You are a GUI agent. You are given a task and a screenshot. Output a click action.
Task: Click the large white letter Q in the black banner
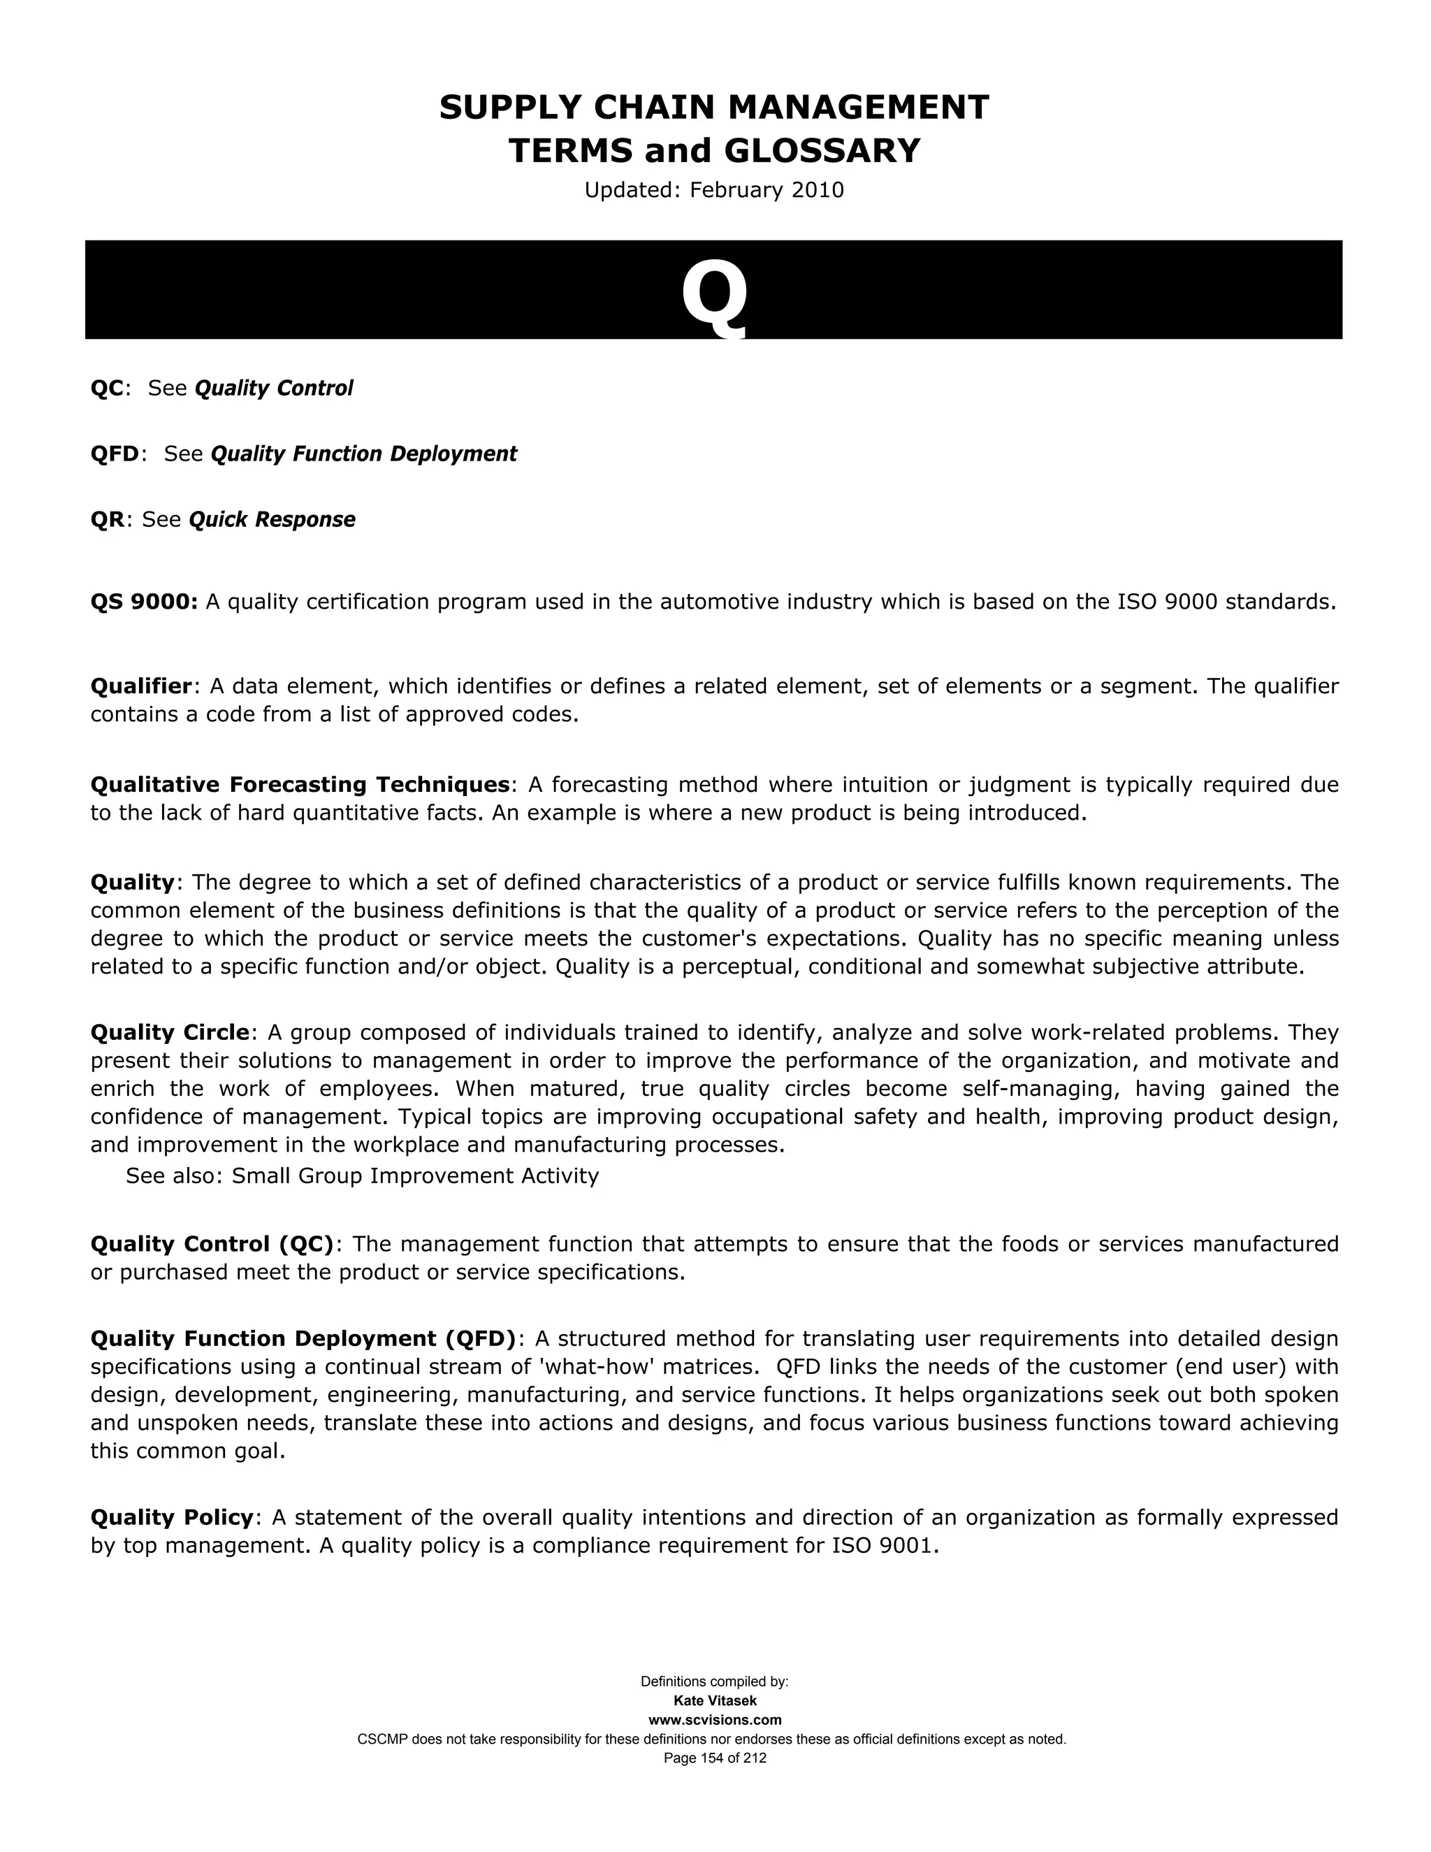pyautogui.click(x=714, y=294)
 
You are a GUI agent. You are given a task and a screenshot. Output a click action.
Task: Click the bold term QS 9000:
pyautogui.click(x=144, y=602)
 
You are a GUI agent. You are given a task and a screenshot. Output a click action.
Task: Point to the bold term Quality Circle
pyautogui.click(x=170, y=1033)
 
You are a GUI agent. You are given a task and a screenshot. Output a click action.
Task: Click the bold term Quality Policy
pyautogui.click(x=172, y=1517)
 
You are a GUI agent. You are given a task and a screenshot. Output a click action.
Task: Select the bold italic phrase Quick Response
pyautogui.click(x=271, y=519)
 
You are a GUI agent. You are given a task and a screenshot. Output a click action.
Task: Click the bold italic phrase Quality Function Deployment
pyautogui.click(x=363, y=454)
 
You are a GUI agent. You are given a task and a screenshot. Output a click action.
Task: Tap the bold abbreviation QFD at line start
pyautogui.click(x=115, y=454)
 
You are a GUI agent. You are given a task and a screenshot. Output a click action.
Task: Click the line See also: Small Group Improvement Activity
pyautogui.click(x=362, y=1175)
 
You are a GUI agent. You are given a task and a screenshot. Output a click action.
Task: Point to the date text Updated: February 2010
pyautogui.click(x=714, y=190)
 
